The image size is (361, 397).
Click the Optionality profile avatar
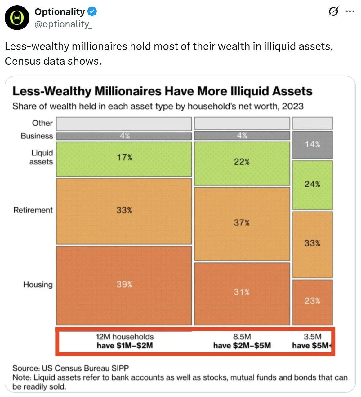coord(17,18)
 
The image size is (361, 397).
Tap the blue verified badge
coord(92,12)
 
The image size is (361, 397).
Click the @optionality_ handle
coord(63,24)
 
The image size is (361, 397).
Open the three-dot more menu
coord(350,12)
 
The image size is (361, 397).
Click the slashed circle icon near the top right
coord(333,12)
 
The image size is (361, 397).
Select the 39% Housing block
coord(124,285)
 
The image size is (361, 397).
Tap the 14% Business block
coord(312,145)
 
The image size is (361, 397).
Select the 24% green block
coord(312,185)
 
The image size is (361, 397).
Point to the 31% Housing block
coord(242,293)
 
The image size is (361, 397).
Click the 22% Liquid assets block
coord(242,163)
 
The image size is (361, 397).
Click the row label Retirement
coord(33,210)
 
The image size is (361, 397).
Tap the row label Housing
coord(38,285)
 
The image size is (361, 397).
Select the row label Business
coord(37,136)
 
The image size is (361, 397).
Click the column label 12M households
coord(125,337)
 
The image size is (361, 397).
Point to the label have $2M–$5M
coord(242,346)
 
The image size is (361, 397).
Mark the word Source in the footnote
coord(25,368)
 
